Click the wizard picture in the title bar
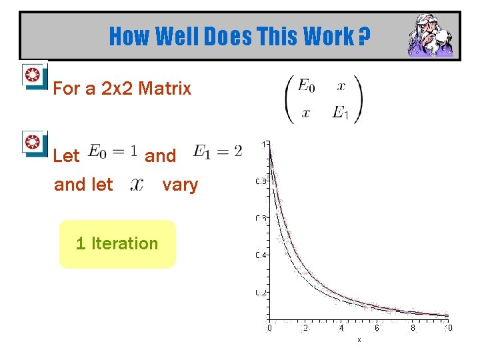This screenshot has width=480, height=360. [x=431, y=35]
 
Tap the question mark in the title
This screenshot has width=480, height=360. [x=364, y=36]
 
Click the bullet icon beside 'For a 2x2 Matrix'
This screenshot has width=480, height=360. [x=32, y=75]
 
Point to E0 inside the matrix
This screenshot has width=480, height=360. [x=307, y=85]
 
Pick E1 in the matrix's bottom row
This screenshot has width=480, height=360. [x=340, y=113]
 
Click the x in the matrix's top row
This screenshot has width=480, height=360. [x=341, y=85]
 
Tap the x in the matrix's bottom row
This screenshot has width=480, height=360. [x=306, y=113]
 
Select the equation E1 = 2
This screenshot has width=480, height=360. [x=217, y=152]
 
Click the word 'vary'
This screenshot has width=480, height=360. [x=180, y=184]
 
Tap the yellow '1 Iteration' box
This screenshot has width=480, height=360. [x=117, y=244]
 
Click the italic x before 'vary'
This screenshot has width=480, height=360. [x=137, y=185]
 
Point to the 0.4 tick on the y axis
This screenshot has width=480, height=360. [x=261, y=255]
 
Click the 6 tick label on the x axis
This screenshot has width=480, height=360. [x=377, y=328]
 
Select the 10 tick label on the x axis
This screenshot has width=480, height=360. [x=449, y=328]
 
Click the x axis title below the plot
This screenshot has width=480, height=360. [x=359, y=340]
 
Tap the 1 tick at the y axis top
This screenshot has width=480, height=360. [x=265, y=144]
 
